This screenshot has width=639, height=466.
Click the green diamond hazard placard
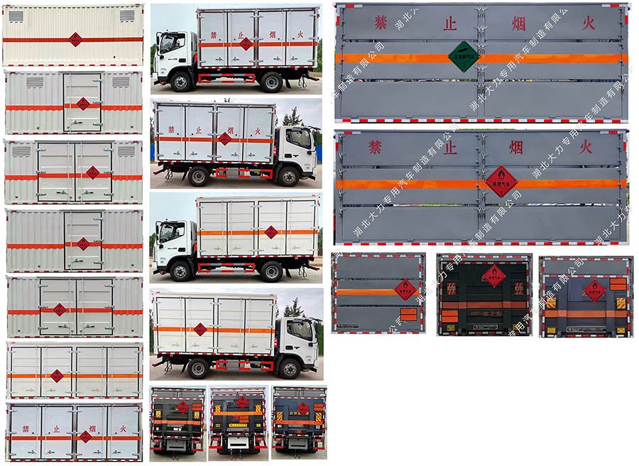coord(463,56)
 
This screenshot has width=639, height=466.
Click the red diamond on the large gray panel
coord(501,180)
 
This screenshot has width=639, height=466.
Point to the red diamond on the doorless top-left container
coord(75,39)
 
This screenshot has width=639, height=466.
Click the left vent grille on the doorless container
coord(16,16)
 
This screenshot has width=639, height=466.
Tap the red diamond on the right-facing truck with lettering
coord(224,139)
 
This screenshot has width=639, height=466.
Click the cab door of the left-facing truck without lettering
coord(173,239)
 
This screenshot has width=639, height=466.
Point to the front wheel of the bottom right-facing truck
coord(288,368)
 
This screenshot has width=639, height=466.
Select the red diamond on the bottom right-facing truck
coord(200,329)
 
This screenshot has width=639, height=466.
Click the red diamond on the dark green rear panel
coord(493,275)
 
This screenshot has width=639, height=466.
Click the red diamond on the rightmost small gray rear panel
coord(594,289)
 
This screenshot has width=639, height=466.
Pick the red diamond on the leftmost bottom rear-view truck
coord(182,407)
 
